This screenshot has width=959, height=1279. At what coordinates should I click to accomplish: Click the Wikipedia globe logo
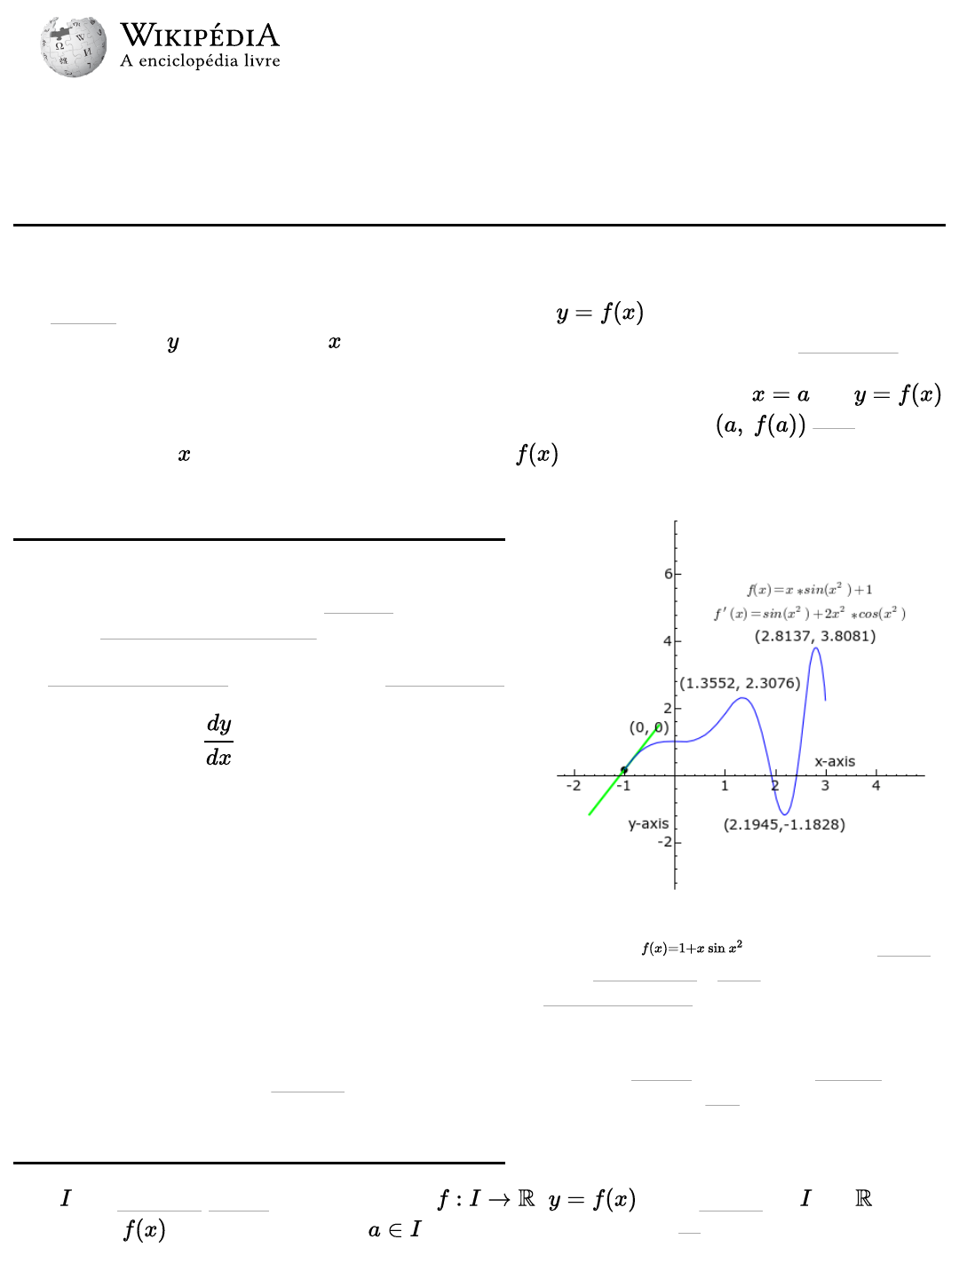tap(73, 46)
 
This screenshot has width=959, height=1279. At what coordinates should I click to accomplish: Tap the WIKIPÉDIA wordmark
tap(200, 36)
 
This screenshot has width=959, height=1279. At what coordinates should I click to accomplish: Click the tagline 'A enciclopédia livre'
tap(200, 61)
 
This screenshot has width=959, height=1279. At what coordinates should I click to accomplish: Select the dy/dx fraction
tap(218, 740)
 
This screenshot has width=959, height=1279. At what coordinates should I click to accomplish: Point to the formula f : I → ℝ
tap(486, 1199)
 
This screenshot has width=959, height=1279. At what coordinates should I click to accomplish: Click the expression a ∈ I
tap(394, 1230)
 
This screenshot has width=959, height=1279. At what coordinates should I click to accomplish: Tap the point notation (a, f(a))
tap(761, 425)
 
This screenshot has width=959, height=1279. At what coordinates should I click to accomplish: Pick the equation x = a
tap(781, 395)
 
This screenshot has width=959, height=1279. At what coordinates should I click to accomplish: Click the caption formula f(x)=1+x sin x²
tap(692, 948)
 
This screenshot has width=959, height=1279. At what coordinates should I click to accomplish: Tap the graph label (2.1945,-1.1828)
tap(784, 824)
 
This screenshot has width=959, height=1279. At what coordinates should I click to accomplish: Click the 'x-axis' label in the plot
tap(835, 761)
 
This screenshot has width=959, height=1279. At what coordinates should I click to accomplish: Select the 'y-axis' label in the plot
tap(648, 823)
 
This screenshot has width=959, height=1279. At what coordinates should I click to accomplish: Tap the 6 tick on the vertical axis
tap(668, 574)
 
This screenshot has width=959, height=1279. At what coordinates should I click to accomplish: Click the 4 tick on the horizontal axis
tap(876, 786)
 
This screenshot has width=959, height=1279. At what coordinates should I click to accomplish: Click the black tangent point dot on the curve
tap(624, 770)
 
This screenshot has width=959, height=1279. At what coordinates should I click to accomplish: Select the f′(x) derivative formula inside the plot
tap(810, 614)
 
